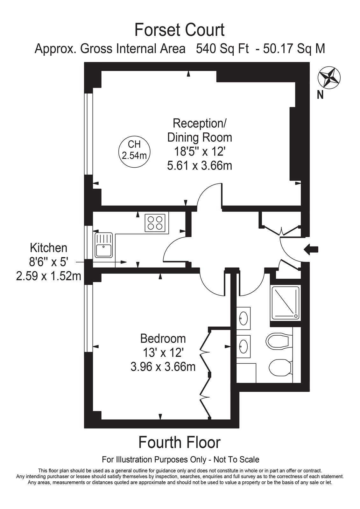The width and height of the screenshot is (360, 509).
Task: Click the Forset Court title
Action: coord(180,30)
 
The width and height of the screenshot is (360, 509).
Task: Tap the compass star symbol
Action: coord(329,78)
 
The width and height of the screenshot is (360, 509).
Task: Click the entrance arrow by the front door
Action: coord(311,249)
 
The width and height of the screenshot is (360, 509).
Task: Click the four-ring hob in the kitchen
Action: coord(155,223)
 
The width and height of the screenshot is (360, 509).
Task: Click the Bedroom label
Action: coord(163,338)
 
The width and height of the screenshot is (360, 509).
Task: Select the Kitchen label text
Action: coord(49,248)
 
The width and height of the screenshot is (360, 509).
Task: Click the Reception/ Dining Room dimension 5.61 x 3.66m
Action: coord(200,165)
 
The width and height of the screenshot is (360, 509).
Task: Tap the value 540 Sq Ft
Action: coord(222,49)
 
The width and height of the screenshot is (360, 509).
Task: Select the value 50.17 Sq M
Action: coord(294,49)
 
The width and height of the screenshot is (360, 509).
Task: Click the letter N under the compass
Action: coord(320,95)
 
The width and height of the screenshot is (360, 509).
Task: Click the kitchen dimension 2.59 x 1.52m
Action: coord(49,276)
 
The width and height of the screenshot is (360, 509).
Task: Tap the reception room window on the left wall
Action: coord(88,134)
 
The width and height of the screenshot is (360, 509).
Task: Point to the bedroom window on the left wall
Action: coord(88,318)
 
